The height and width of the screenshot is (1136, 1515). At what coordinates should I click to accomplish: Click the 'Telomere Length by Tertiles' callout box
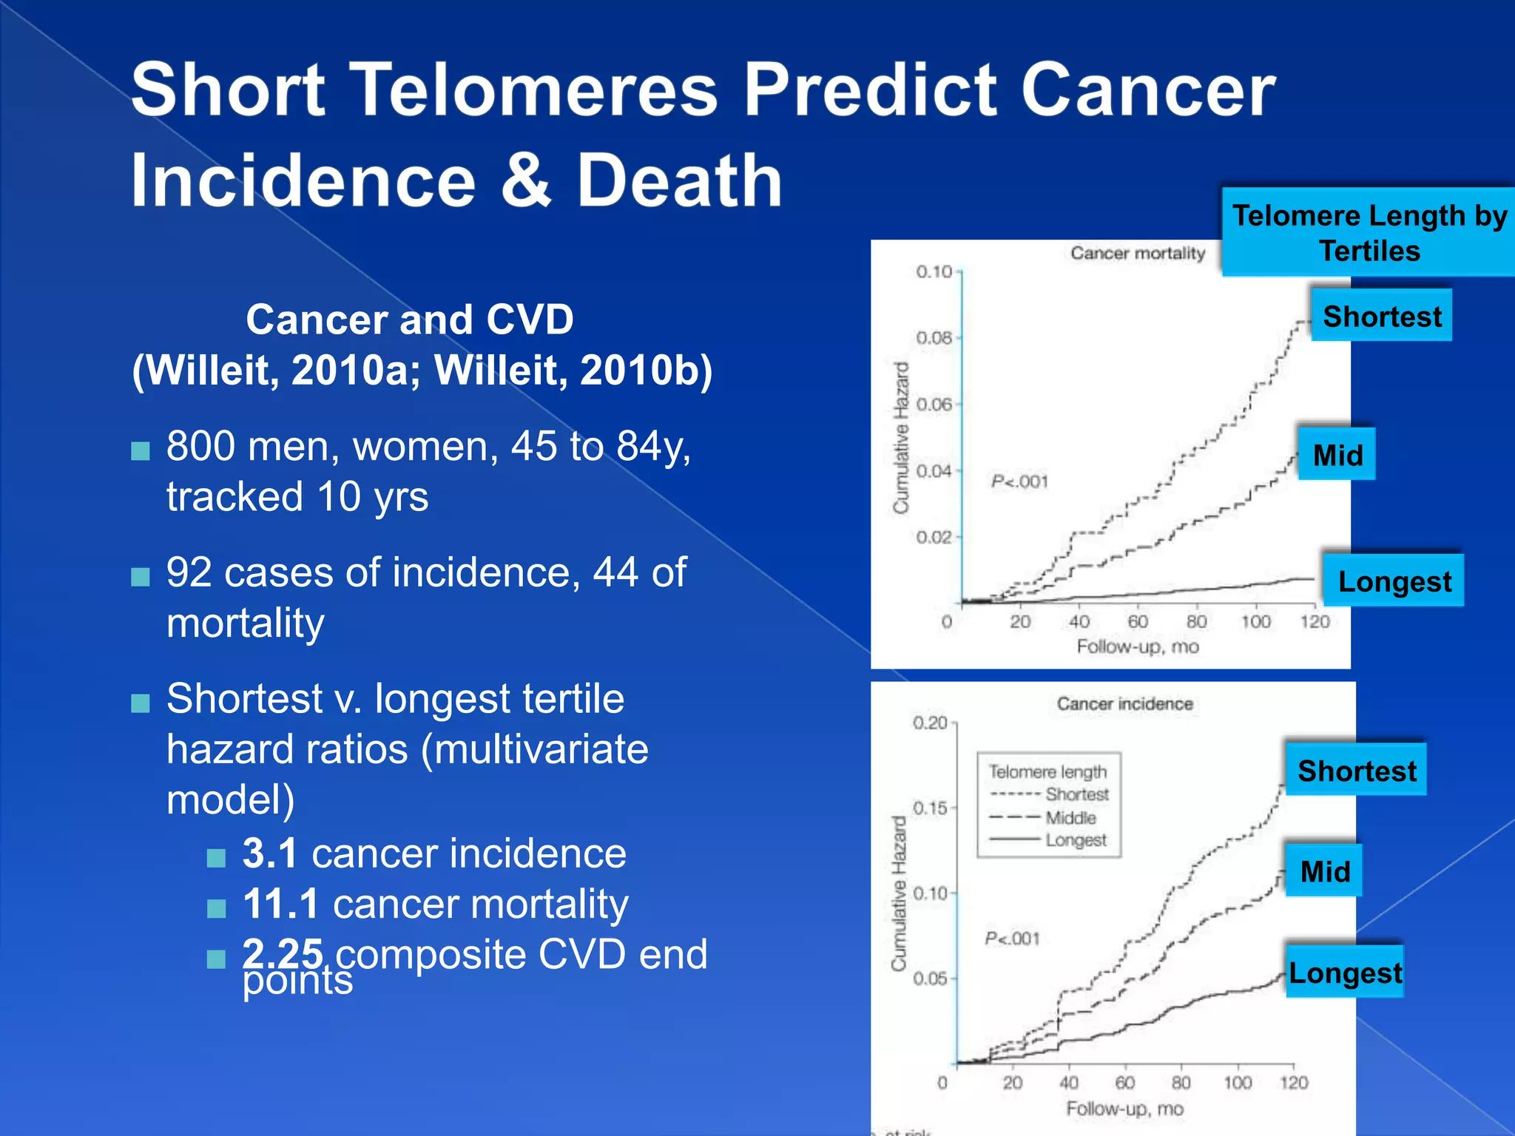1369,232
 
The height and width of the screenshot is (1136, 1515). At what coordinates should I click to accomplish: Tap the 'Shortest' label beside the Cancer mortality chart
1381,317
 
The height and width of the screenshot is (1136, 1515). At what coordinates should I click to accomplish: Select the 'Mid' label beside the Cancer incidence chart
1324,871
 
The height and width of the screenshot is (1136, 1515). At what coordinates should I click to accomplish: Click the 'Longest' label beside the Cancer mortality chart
1394,581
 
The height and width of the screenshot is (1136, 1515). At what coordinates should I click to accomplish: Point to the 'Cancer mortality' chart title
1137,254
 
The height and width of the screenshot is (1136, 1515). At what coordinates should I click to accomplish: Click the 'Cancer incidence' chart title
1124,704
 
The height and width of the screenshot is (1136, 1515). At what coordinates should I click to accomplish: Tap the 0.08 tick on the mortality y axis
934,338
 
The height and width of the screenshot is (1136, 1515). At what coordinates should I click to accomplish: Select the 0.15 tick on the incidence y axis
930,808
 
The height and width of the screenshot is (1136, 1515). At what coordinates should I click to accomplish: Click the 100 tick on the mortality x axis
1255,622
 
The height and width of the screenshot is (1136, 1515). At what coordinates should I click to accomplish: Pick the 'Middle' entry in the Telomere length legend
1070,818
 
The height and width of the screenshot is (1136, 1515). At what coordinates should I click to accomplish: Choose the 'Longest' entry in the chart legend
1076,841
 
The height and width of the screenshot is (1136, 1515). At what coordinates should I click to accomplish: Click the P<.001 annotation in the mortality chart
1019,482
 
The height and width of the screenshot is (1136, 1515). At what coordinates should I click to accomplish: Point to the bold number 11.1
280,904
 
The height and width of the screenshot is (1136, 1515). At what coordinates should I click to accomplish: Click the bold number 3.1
270,853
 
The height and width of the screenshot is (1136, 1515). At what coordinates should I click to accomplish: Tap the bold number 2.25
283,953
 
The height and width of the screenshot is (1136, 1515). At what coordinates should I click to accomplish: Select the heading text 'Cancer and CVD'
410,319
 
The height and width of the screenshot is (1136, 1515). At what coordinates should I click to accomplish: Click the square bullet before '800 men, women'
141,450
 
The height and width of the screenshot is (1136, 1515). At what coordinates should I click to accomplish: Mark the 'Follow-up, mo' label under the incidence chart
1124,1109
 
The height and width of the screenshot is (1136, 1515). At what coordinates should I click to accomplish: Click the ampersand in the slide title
526,181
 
